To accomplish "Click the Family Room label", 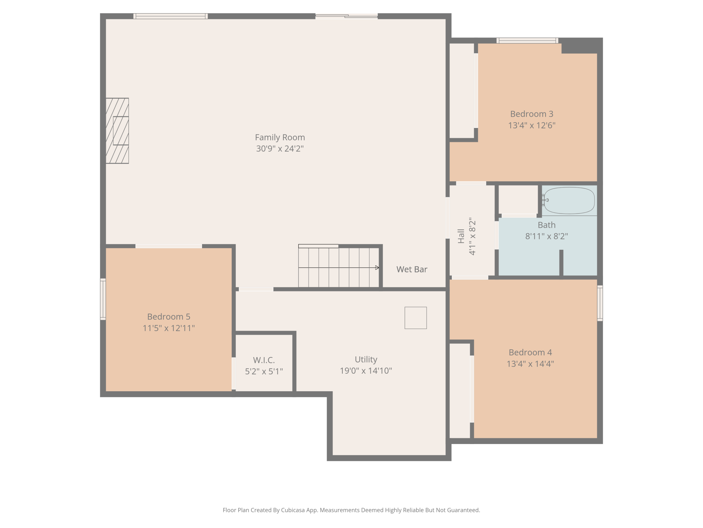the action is point(280,137).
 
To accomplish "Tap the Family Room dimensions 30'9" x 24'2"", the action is point(280,149).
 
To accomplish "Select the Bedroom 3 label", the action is point(532,114).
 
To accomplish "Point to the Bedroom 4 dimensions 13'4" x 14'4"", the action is point(530,364).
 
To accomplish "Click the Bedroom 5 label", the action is point(169,317).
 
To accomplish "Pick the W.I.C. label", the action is point(264,360).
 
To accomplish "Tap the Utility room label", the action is point(366,359).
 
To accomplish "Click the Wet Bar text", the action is point(412,269).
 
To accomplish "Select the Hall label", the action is point(461,236).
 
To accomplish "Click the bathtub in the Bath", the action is point(569,200).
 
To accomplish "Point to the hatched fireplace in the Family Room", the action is point(117,131).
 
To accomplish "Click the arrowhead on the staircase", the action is point(377,268).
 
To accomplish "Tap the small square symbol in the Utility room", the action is point(416,318).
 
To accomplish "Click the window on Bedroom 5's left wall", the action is point(103,299).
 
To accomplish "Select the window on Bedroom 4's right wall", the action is point(600,303).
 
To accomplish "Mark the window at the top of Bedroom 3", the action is point(527,41).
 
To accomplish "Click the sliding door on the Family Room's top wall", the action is point(346,16).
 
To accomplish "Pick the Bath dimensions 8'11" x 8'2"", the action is point(547,236).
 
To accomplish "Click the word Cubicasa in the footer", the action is point(294,510).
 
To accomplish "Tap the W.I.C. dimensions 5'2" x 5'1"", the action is point(264,372).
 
